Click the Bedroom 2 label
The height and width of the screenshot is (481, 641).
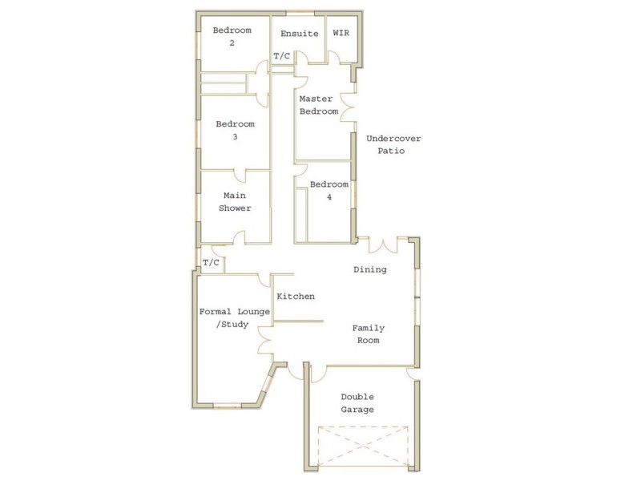click(232, 36)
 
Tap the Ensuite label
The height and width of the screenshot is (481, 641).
click(299, 34)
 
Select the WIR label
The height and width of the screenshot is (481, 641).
click(341, 34)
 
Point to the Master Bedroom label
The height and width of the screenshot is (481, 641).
click(318, 105)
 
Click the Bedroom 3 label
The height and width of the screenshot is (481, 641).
click(235, 130)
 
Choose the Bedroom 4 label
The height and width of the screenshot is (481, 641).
click(329, 190)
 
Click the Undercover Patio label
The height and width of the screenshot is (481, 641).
click(393, 144)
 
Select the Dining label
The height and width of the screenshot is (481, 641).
click(369, 269)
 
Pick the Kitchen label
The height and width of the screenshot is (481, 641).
click(295, 297)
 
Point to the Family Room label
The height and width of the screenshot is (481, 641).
click(369, 333)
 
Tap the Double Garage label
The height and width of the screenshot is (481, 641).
click(357, 402)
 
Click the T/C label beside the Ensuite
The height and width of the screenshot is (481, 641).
click(282, 56)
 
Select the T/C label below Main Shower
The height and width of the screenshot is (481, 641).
click(211, 262)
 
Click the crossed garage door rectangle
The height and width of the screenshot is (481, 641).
click(364, 446)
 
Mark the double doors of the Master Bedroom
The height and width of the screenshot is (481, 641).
click(348, 107)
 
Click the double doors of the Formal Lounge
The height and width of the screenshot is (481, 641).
click(265, 345)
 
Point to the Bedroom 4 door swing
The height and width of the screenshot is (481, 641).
click(301, 168)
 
